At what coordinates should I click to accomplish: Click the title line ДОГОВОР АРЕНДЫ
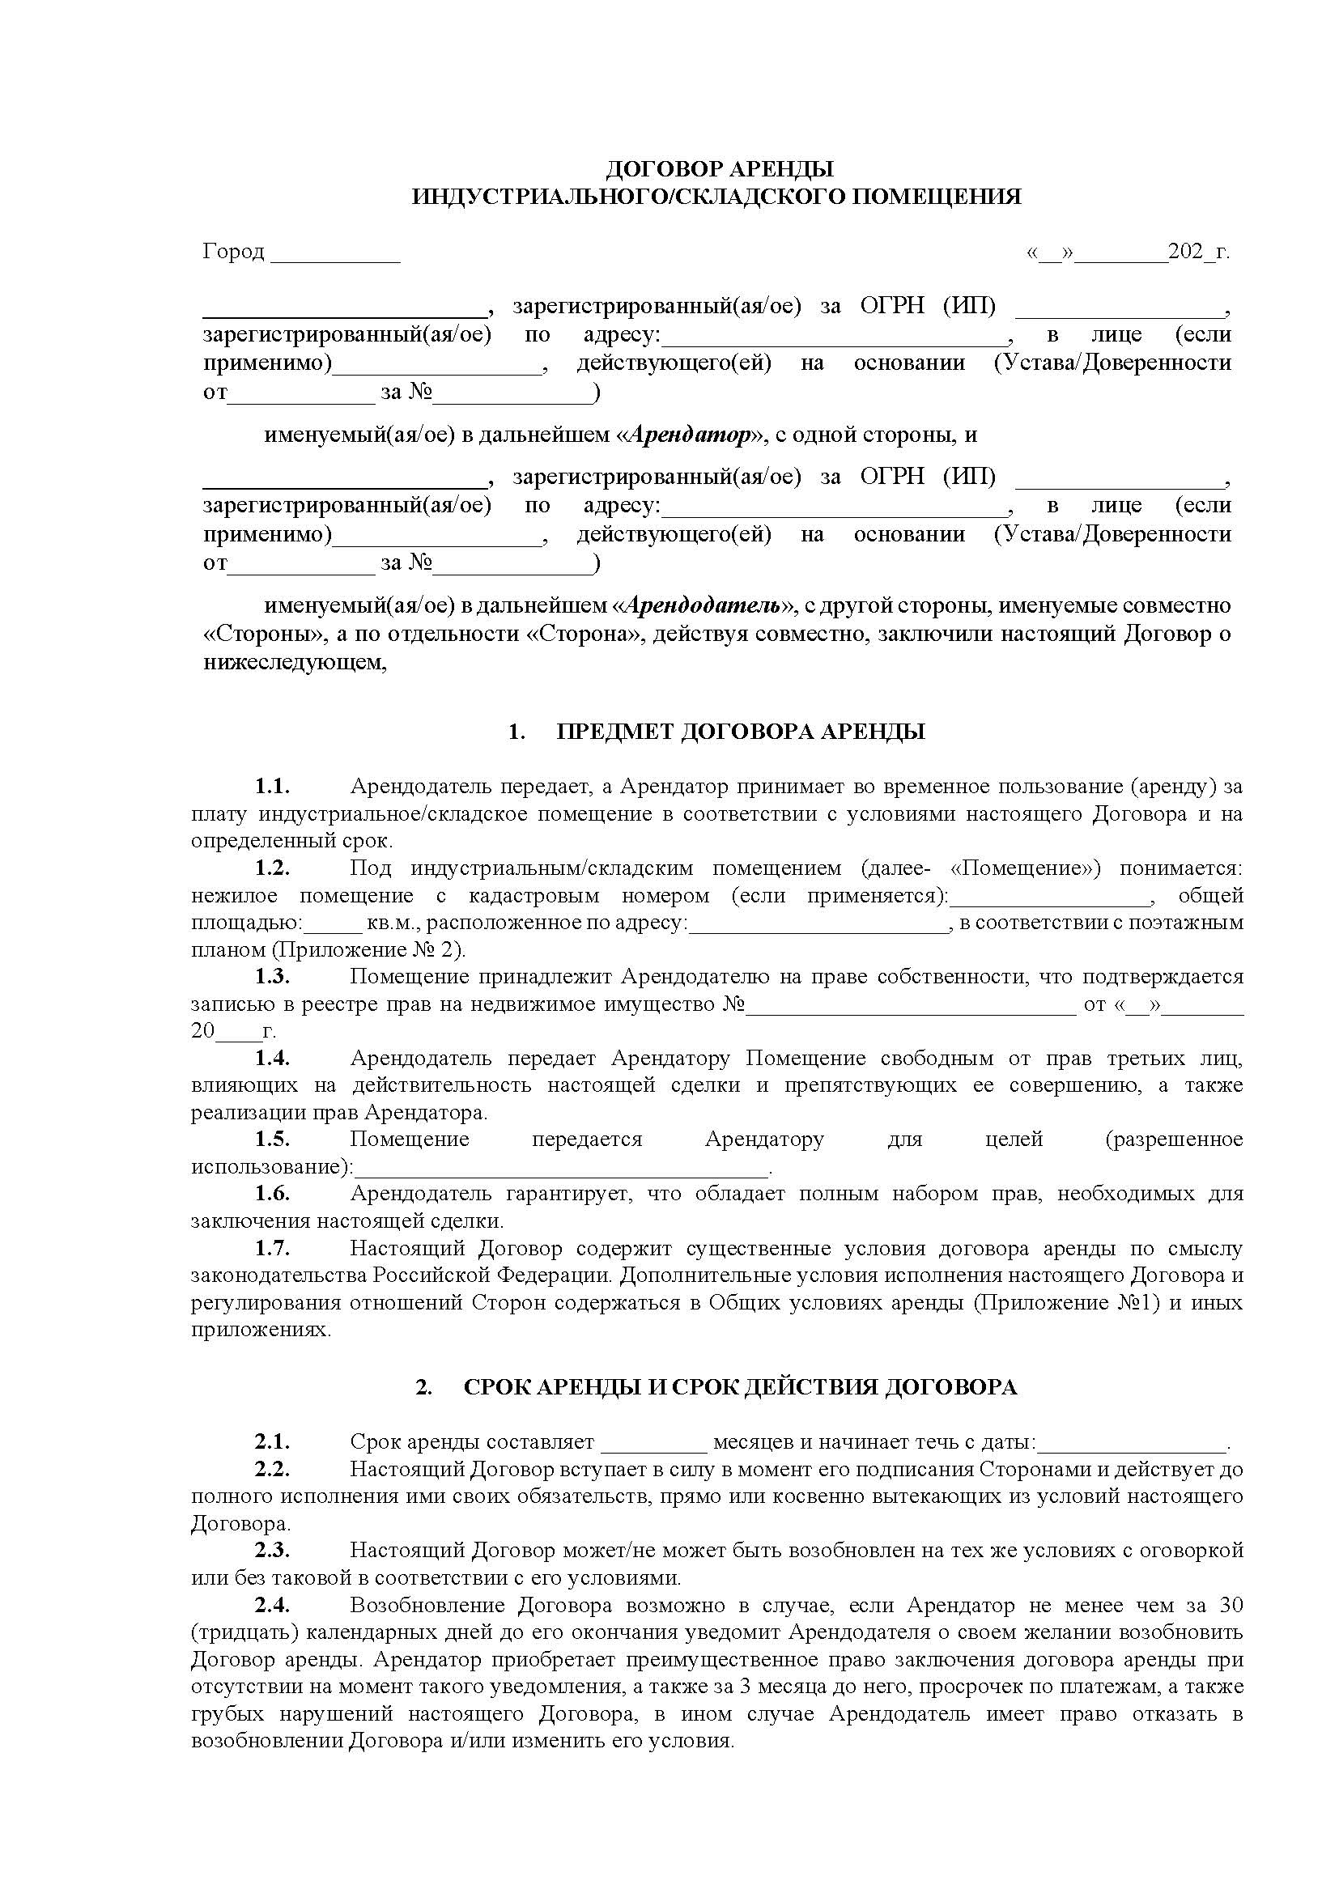[719, 169]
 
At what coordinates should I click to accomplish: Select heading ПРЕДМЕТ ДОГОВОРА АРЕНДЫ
[741, 732]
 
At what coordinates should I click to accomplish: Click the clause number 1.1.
[272, 786]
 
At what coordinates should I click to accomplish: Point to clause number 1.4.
[272, 1058]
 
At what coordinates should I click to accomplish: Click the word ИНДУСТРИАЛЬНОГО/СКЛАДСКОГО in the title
[628, 196]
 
